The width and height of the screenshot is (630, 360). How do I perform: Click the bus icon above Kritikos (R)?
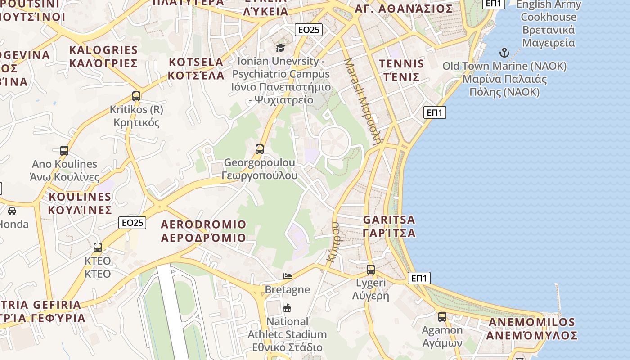coord(136,96)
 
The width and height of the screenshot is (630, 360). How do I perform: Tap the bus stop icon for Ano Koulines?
coord(64,151)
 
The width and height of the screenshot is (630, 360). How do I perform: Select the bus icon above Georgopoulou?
coord(260,149)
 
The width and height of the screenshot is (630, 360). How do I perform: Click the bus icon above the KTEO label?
coord(98,247)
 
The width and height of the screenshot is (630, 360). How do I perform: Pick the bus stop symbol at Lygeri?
coord(371,270)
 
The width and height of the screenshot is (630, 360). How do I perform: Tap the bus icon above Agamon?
coord(442,317)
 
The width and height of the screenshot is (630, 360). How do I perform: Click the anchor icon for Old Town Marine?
coord(504,53)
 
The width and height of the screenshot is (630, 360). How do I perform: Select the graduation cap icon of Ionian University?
coord(281,48)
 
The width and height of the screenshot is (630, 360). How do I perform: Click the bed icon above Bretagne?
coord(288,276)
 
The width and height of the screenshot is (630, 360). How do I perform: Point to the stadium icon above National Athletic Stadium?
coord(287,308)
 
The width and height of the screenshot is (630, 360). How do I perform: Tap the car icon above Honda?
coord(12,211)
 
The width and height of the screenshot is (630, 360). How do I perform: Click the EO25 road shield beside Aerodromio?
coord(133,222)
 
